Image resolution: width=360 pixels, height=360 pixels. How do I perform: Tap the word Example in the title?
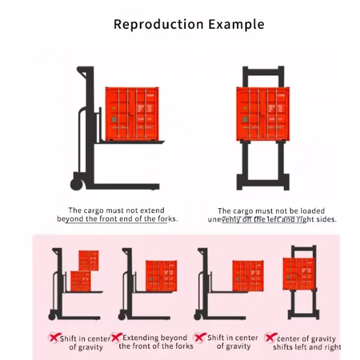tap(236, 25)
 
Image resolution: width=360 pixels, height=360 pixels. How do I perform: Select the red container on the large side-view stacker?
tap(132, 113)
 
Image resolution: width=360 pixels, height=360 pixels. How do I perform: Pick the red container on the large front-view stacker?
tap(262, 113)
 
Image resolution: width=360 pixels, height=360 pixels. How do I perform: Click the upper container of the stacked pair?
tap(88, 260)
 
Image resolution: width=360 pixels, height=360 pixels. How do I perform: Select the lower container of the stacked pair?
tap(80, 280)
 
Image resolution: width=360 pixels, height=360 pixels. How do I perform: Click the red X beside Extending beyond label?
tap(116, 338)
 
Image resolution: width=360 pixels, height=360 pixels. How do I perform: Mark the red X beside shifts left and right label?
tap(271, 338)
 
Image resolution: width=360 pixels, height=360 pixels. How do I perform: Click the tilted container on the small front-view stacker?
tap(299, 274)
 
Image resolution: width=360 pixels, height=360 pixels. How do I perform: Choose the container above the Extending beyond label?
tap(161, 275)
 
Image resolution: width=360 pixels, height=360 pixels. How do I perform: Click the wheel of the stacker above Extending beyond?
tap(122, 316)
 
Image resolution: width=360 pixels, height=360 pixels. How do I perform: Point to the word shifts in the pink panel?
tap(284, 347)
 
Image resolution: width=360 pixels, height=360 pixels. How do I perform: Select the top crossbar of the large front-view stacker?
tap(263, 70)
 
